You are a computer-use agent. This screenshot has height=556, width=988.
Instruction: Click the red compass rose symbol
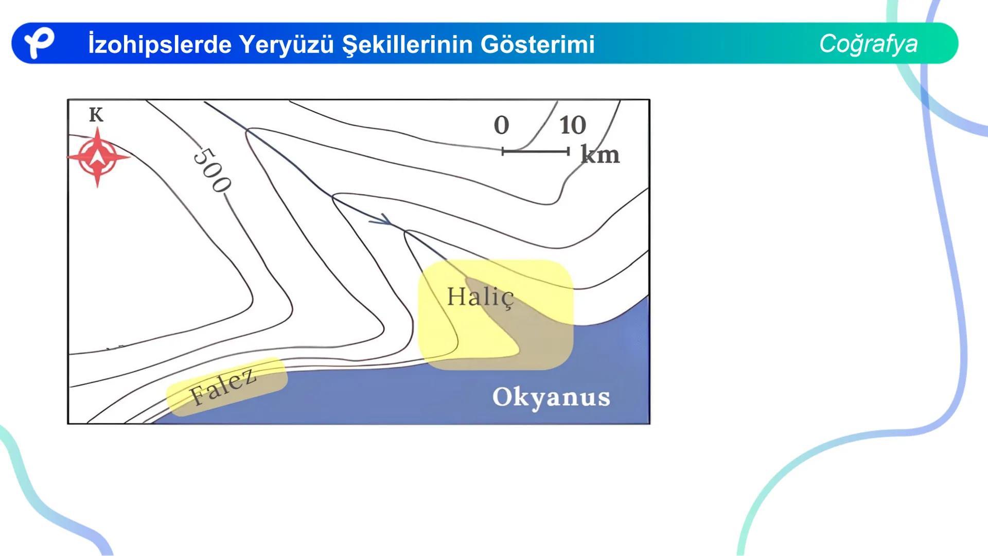pos(97,158)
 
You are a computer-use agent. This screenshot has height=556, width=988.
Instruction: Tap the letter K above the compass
pos(96,115)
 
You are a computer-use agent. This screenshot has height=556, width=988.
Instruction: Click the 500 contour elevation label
pos(211,170)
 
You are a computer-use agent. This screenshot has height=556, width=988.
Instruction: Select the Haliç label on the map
pos(480,297)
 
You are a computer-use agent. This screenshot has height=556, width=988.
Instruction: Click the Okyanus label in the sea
pos(551,397)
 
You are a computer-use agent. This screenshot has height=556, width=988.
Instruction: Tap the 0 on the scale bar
pos(501,125)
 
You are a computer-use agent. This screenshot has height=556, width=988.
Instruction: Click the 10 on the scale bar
pos(572,125)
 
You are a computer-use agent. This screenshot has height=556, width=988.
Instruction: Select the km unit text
pos(600,154)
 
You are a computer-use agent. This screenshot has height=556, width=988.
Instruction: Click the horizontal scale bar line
pos(535,151)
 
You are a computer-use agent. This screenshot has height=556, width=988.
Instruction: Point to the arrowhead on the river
pos(383,220)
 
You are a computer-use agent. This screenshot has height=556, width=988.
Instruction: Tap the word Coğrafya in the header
pos(868,44)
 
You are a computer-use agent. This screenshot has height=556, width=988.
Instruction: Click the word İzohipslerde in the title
pos(160,45)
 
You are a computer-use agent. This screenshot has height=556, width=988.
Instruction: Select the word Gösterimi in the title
pos(537,45)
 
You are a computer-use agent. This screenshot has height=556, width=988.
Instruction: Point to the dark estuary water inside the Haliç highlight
pos(535,335)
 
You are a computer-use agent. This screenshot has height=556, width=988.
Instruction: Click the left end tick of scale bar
pos(503,151)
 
